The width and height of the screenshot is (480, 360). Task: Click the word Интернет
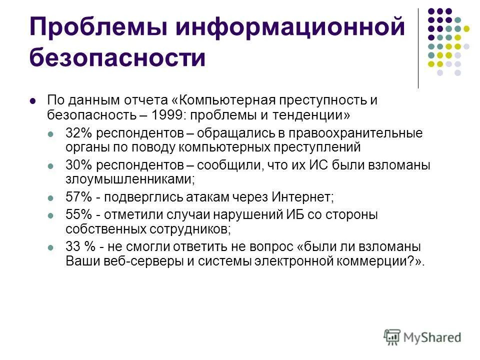tap(303, 196)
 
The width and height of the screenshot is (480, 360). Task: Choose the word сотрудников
tap(189, 229)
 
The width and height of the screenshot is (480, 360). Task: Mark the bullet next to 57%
tap(50, 197)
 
